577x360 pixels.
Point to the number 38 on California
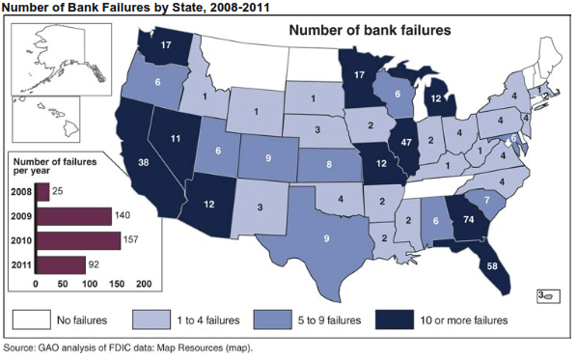click(x=144, y=163)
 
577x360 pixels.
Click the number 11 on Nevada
click(x=175, y=139)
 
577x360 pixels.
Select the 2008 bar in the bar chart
click(x=42, y=192)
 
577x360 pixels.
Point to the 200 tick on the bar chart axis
click(x=145, y=285)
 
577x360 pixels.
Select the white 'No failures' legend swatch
click(x=32, y=319)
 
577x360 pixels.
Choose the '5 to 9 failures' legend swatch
click(x=280, y=319)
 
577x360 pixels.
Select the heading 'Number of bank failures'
click(x=371, y=31)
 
